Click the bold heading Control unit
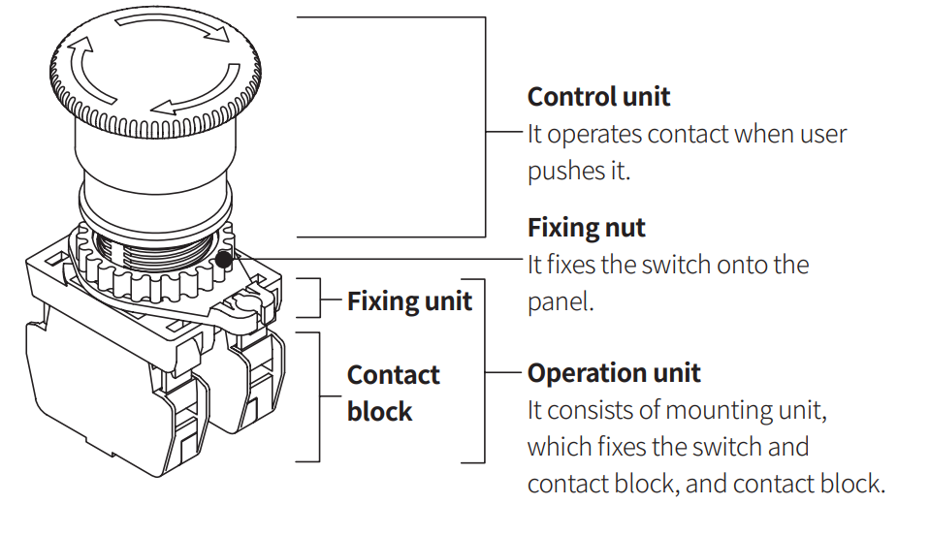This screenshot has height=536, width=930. (598, 97)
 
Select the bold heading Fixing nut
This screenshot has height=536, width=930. (586, 228)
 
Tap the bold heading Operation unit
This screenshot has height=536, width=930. (614, 373)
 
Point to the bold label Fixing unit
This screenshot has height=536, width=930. (409, 300)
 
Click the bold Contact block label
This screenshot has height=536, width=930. (393, 393)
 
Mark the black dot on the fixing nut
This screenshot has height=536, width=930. (225, 259)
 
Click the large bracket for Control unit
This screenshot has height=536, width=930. (485, 126)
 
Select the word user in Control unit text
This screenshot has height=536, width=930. (824, 134)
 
